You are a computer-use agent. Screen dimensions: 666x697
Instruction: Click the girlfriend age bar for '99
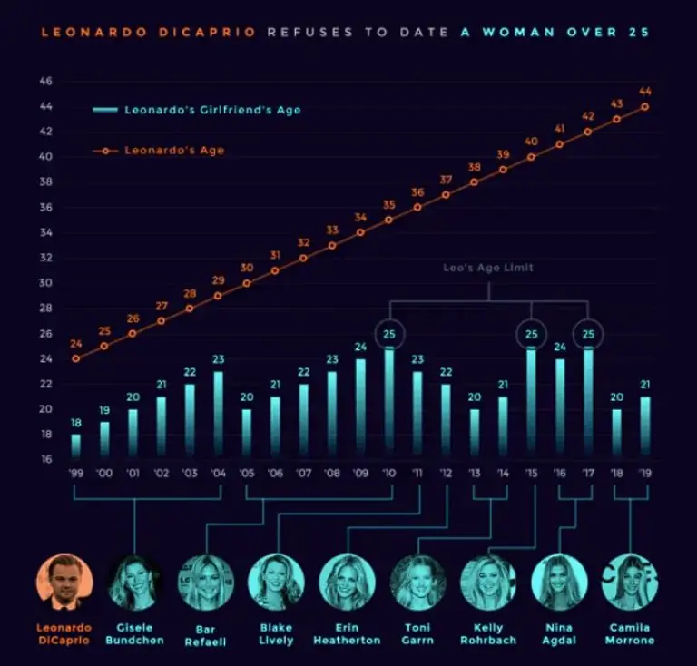tap(76, 446)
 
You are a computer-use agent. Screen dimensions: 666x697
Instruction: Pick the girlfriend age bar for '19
tap(644, 426)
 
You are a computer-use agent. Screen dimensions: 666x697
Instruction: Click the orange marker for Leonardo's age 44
tap(644, 106)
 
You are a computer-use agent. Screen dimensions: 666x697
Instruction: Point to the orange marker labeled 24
tap(76, 358)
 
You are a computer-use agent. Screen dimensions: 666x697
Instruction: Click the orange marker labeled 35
tap(389, 220)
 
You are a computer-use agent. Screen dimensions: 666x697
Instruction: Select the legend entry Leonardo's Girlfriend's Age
tap(196, 110)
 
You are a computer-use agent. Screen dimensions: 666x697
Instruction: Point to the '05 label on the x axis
tap(248, 474)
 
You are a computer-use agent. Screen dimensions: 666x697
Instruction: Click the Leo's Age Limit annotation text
tap(488, 268)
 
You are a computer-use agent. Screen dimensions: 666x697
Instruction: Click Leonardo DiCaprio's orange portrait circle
tap(64, 582)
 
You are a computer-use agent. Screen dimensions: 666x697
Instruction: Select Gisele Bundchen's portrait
tap(135, 582)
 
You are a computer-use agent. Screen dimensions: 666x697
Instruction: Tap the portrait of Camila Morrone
tap(629, 582)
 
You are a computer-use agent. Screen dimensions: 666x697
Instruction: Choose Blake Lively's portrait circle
tap(276, 582)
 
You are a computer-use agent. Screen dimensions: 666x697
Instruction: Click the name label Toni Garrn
tap(417, 633)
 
